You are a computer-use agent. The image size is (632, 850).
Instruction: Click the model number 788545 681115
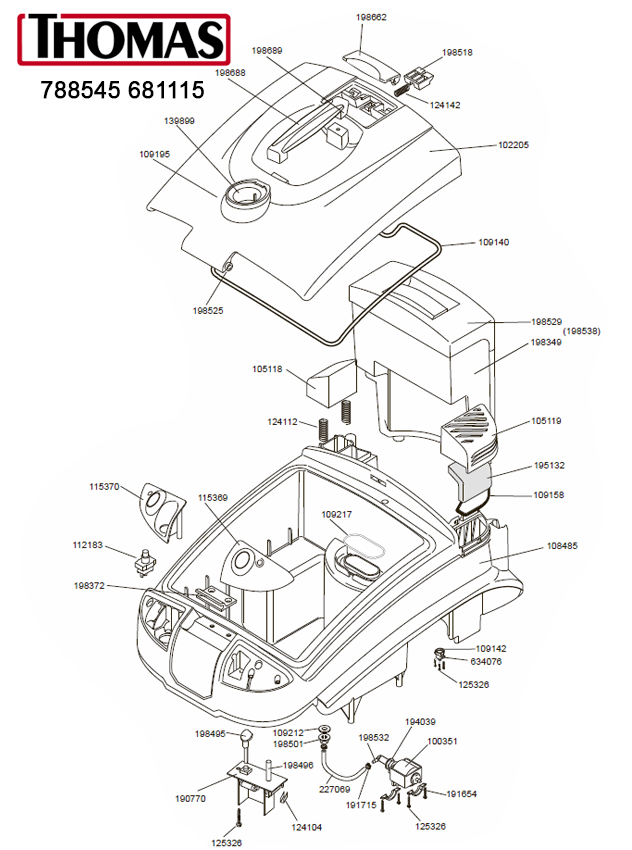pyautogui.click(x=123, y=90)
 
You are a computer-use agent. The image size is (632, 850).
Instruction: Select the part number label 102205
pyautogui.click(x=513, y=145)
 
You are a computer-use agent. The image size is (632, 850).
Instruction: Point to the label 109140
pyautogui.click(x=493, y=242)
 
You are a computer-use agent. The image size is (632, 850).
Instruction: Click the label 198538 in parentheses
pyautogui.click(x=581, y=331)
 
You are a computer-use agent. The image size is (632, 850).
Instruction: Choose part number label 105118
pyautogui.click(x=267, y=369)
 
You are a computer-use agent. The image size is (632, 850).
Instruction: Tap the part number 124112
pyautogui.click(x=282, y=421)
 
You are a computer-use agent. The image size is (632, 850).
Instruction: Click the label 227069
pyautogui.click(x=334, y=790)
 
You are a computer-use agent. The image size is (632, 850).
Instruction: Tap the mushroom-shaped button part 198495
pyautogui.click(x=243, y=741)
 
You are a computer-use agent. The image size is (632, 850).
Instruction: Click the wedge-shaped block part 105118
pyautogui.click(x=331, y=381)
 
